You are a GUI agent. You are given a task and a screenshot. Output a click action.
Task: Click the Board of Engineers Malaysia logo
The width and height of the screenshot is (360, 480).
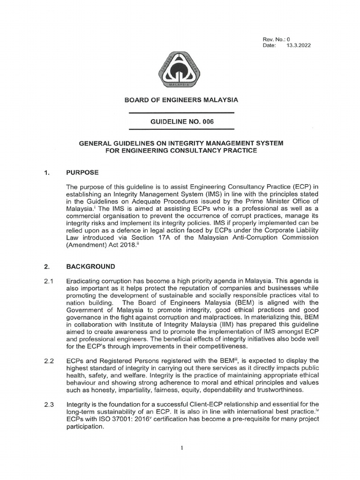(180, 71)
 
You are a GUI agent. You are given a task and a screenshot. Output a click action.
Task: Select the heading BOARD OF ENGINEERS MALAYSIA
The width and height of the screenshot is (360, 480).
(181, 100)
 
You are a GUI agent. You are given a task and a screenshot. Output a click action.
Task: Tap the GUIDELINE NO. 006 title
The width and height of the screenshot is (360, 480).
(181, 121)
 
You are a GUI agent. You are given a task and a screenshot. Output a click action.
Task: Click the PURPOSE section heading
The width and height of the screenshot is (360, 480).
(82, 172)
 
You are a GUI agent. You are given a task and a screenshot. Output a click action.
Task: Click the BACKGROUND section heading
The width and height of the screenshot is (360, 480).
(90, 267)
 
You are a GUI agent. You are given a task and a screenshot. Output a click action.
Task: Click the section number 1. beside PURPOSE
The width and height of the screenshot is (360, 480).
(46, 172)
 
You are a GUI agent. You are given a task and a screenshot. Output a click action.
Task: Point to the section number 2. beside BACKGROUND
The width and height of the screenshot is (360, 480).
(46, 267)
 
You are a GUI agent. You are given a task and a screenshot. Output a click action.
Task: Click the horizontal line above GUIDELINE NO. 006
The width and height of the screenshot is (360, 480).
(181, 113)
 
